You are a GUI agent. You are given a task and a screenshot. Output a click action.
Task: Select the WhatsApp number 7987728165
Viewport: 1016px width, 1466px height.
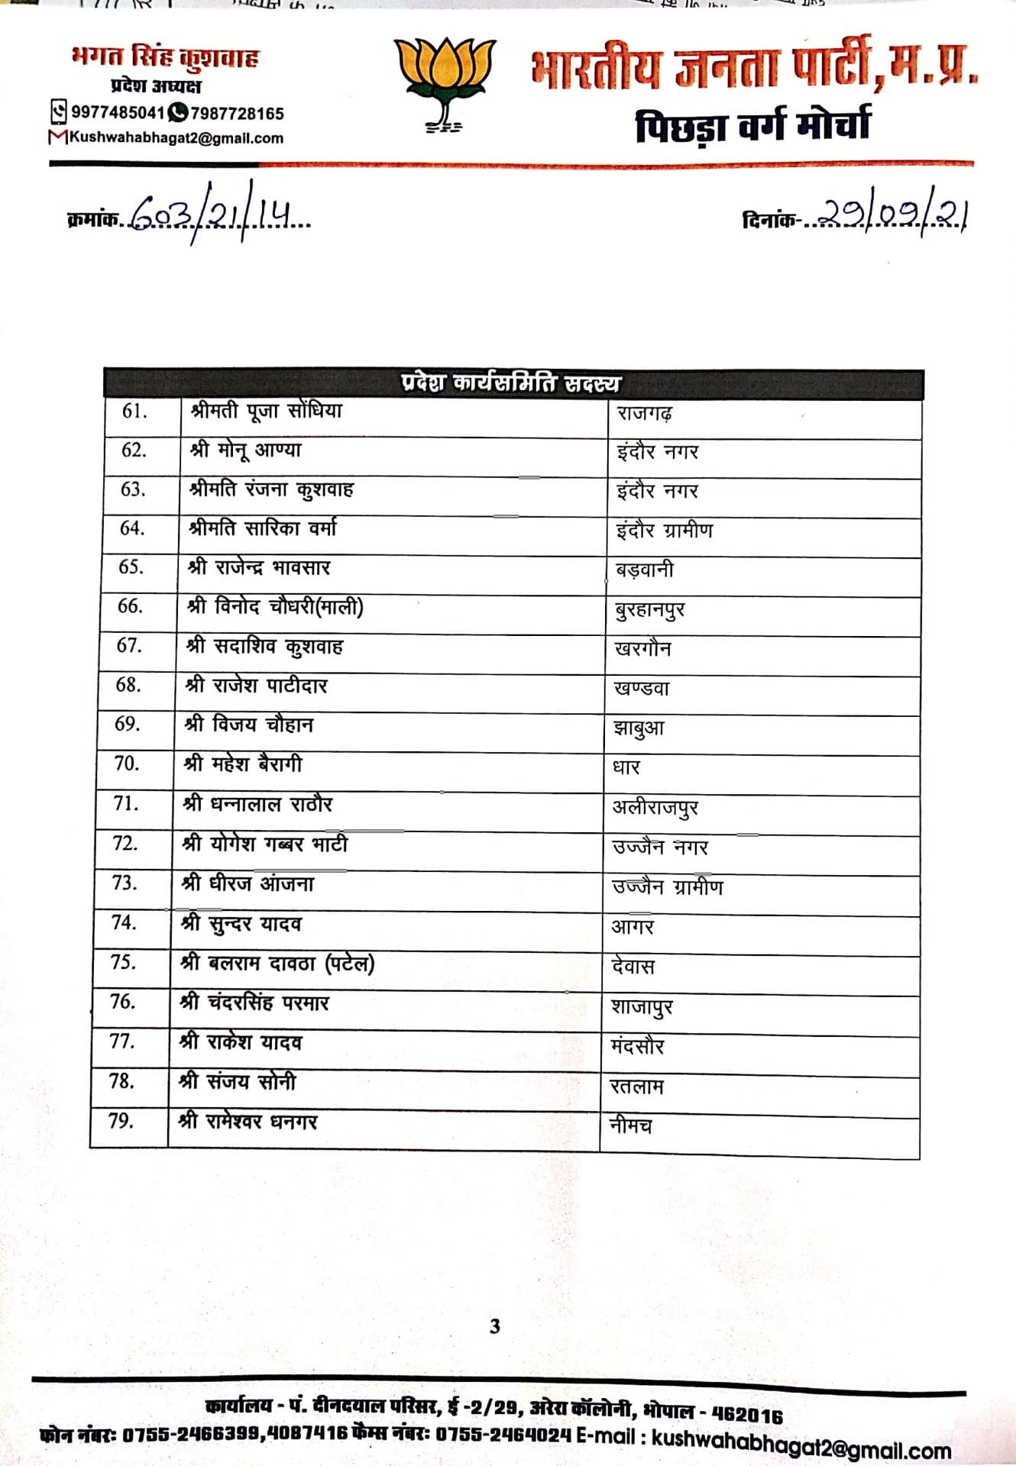coord(237,114)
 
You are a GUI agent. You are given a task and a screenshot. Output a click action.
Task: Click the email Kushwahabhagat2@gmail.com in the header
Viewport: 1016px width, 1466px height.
coord(176,138)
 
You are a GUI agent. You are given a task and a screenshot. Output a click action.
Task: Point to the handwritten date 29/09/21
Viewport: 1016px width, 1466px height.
coord(889,218)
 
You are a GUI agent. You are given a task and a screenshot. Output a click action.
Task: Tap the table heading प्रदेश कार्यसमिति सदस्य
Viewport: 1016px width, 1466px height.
coord(510,383)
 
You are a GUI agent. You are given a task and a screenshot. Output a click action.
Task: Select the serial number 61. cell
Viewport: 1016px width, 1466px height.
coord(134,412)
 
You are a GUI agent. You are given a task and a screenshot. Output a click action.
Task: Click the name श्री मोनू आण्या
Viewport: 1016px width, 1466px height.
coord(246,450)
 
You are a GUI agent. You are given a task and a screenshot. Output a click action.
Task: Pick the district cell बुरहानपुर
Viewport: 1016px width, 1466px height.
coord(649,609)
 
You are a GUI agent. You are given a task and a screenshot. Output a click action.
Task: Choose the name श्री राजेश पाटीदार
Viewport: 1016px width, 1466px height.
coord(257,686)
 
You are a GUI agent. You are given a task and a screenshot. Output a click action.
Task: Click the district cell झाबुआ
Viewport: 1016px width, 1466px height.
coord(639,728)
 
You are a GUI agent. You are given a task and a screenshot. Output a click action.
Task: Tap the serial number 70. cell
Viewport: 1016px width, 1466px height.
coord(127,764)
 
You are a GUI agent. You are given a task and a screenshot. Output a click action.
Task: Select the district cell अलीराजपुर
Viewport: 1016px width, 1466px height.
coord(655,807)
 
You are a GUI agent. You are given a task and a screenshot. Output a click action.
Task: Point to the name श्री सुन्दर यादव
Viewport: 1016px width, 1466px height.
coord(241,924)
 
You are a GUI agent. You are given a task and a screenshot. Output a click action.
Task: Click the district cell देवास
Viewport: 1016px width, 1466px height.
coord(633,967)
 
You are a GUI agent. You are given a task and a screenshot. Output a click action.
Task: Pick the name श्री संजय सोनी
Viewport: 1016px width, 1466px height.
coord(237,1081)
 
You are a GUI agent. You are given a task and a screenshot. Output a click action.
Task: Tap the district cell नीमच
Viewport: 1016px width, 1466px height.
coord(630,1125)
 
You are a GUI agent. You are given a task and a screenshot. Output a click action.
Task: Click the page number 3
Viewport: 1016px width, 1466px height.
coord(495,1326)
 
